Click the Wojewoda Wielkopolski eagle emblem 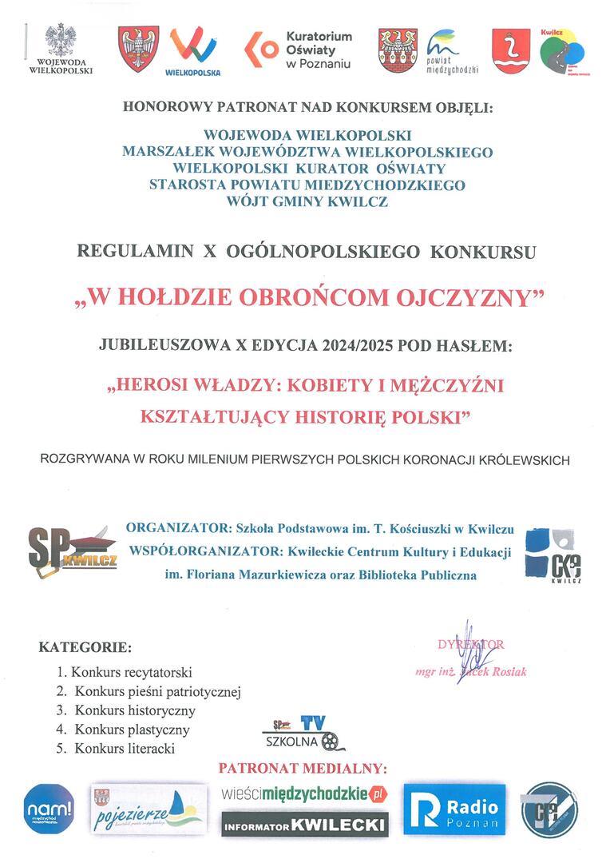click(x=61, y=41)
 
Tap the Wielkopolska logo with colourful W click(x=193, y=49)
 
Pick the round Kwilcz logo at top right click(x=561, y=53)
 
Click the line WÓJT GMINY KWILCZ click(x=307, y=202)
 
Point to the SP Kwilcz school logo click(x=72, y=551)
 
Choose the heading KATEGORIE click(x=85, y=646)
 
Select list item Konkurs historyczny click(x=135, y=710)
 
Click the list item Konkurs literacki click(x=125, y=749)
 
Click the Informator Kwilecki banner click(x=304, y=824)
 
